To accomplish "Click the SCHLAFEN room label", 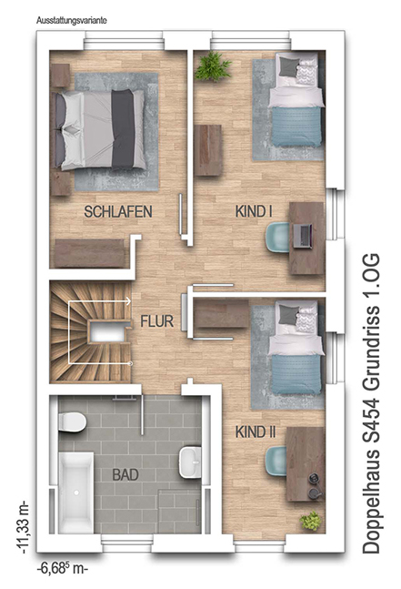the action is (118, 211).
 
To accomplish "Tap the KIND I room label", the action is (254, 211).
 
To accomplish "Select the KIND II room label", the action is (256, 432).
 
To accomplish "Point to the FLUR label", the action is (156, 321).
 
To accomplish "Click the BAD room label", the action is (125, 475).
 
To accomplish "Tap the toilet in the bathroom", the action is (72, 422).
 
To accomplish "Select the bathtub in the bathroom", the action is (76, 493).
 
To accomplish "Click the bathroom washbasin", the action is (190, 462).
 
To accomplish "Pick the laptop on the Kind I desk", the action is (303, 236).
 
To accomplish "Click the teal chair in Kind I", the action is (276, 237).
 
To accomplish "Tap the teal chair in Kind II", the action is (276, 461).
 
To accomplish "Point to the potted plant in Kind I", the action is (213, 66).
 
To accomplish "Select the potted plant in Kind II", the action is (310, 521).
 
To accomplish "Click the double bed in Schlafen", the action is (101, 129).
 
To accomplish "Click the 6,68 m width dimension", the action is (62, 568).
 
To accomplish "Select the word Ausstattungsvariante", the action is (71, 20).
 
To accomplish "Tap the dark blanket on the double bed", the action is (123, 129).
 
